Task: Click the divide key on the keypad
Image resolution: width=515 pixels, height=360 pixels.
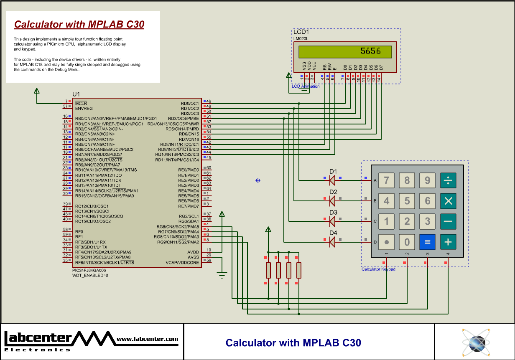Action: (448, 180)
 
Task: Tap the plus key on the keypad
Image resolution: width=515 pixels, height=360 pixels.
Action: (448, 242)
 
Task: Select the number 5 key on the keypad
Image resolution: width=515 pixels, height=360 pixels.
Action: (407, 201)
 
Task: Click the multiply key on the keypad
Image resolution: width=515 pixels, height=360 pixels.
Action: (448, 201)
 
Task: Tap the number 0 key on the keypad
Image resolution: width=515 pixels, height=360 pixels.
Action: (407, 242)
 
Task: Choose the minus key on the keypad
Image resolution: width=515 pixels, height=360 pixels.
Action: (448, 221)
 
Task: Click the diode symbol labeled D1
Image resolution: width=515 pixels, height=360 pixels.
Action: (332, 180)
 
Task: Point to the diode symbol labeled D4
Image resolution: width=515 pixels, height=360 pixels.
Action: (332, 242)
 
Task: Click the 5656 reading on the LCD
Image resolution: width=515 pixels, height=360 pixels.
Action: (370, 51)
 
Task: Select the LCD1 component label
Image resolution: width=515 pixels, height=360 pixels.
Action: (301, 32)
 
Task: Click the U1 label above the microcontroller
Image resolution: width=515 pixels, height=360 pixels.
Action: (76, 94)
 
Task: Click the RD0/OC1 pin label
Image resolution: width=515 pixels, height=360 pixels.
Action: (190, 103)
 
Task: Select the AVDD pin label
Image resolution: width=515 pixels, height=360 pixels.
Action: (193, 252)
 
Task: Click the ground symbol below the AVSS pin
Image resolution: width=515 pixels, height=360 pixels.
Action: (222, 275)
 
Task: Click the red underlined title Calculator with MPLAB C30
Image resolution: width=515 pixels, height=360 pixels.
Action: (79, 25)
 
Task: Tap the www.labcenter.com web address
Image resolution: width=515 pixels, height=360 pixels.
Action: (147, 339)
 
